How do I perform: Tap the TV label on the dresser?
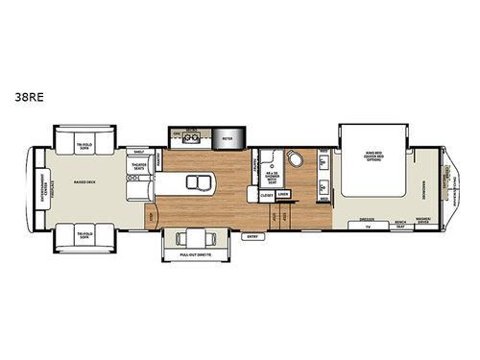pos(366,227)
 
